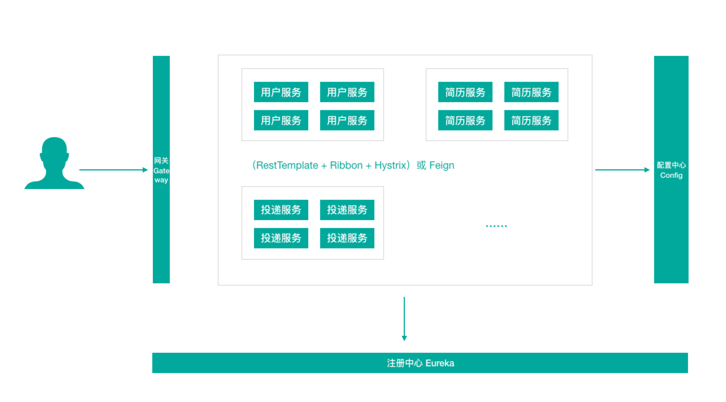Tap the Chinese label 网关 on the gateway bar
pyautogui.click(x=161, y=161)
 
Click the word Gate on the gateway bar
pyautogui.click(x=161, y=171)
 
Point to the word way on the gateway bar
pyautogui.click(x=161, y=180)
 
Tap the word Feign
pyautogui.click(x=441, y=165)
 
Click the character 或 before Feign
pyautogui.click(x=421, y=165)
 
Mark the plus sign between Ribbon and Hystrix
pyautogui.click(x=369, y=166)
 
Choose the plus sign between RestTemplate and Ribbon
pyautogui.click(x=324, y=166)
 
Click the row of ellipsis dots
pyautogui.click(x=496, y=226)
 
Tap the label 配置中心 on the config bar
pyautogui.click(x=671, y=165)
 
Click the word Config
pyautogui.click(x=671, y=175)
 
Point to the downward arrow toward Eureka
pyautogui.click(x=404, y=319)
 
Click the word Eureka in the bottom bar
pyautogui.click(x=440, y=363)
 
